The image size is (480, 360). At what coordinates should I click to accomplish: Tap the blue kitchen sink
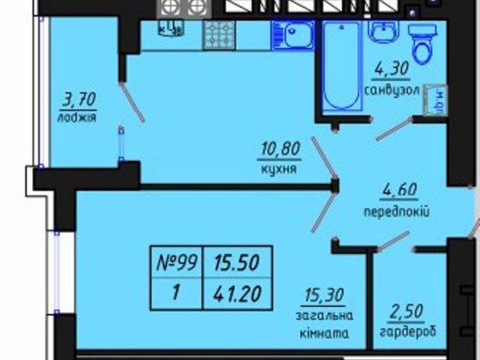pyautogui.click(x=294, y=36)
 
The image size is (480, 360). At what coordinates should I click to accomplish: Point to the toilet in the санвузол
pyautogui.click(x=422, y=38)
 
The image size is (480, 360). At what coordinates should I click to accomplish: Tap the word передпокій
pyautogui.click(x=396, y=211)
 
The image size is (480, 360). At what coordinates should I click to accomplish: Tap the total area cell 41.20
pyautogui.click(x=230, y=292)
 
